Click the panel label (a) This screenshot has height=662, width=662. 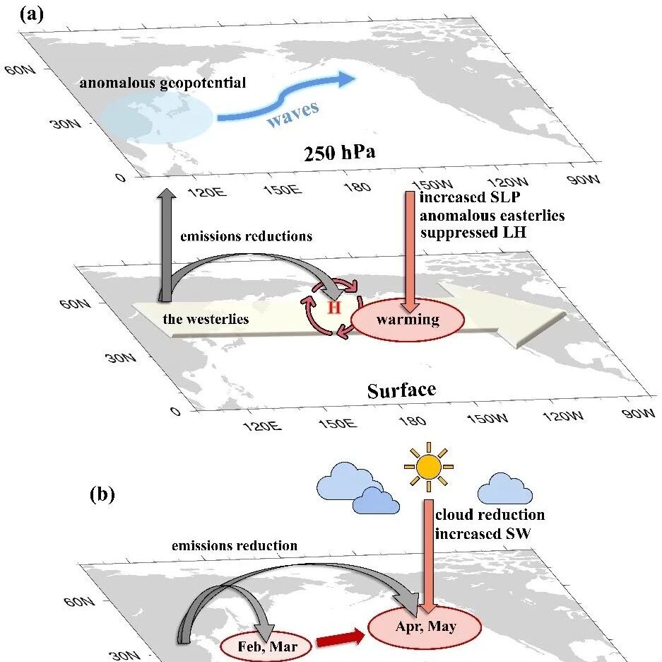coord(31,16)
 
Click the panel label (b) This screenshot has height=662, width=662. coord(102,494)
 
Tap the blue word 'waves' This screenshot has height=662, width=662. coord(293,113)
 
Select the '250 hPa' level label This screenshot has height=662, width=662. coord(339,153)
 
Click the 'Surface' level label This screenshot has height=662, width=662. coord(401,390)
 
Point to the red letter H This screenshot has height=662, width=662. coord(334,308)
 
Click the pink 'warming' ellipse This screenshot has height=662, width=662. coord(408,320)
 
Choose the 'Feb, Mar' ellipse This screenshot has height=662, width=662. coord(267,646)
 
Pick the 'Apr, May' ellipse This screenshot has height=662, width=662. coord(425,627)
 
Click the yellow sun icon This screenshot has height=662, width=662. coord(429,467)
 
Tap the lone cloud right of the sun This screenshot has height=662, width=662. coord(505,489)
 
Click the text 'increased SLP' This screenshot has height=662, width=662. coord(470,197)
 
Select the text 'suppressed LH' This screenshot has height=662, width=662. coord(473,233)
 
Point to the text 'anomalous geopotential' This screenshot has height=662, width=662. coord(162,83)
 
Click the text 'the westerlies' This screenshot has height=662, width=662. coord(206,319)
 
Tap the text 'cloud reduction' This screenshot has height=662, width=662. coord(490,514)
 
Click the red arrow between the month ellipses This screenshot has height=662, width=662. coord(341,641)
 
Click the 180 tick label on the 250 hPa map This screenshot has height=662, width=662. coord(357,186)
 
